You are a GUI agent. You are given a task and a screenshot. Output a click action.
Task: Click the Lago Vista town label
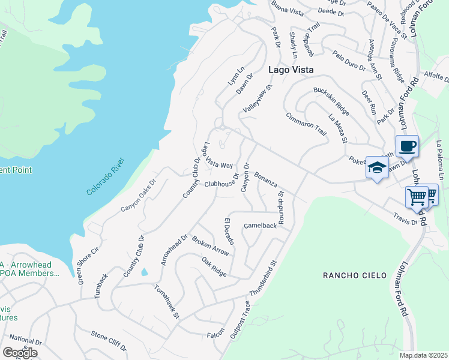291,70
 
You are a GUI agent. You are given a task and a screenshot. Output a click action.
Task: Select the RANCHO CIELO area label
349,275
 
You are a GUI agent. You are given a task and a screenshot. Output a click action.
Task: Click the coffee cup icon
407,146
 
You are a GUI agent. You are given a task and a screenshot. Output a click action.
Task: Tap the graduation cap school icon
376,169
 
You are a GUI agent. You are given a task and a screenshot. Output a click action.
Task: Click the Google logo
20,353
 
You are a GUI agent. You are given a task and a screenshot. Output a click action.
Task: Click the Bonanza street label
265,179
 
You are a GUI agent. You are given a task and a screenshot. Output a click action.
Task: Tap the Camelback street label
260,226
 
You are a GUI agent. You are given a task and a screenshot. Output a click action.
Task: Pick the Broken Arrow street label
210,245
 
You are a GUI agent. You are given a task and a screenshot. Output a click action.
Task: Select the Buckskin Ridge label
331,101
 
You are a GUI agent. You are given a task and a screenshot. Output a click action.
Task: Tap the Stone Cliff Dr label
109,341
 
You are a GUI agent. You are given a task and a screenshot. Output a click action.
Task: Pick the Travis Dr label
406,218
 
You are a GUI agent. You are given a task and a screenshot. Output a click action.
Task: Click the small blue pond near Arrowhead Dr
144,272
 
